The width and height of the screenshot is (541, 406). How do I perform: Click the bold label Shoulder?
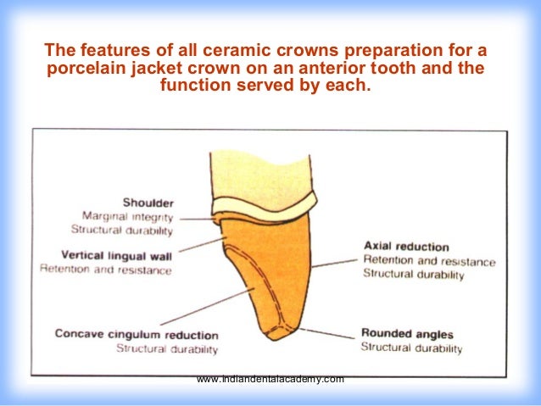(148, 202)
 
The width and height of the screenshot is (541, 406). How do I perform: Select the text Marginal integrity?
(128, 216)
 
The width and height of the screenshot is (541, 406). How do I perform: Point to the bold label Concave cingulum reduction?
(137, 334)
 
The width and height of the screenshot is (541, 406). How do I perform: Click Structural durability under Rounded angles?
(411, 348)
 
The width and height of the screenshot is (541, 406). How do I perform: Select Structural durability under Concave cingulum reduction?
(167, 348)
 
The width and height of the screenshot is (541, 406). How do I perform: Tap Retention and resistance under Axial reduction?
(428, 261)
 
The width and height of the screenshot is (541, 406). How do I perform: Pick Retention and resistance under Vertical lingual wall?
(106, 270)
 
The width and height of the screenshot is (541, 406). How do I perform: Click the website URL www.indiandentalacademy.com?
(270, 379)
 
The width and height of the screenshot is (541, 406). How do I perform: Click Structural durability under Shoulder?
(122, 230)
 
